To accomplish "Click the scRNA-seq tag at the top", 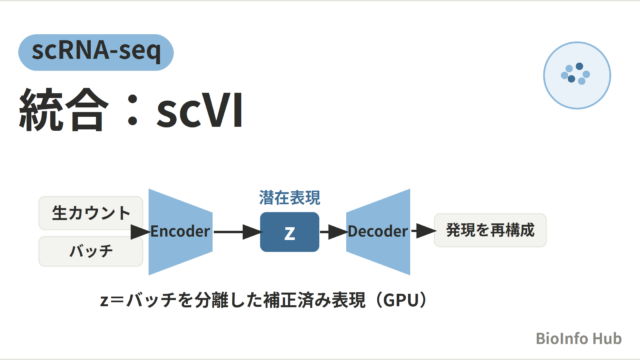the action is coord(96,52).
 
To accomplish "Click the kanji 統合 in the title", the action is coord(64,110).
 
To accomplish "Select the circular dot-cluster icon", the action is coord(577,75).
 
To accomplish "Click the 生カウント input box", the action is coord(91,213).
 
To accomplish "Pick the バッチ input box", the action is coord(91,251).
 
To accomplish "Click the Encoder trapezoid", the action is coord(180,231).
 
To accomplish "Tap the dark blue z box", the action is coord(289,232).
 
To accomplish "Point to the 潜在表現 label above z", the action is coord(289,198).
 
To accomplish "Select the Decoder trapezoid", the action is coord(378,231).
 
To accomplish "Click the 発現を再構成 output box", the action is coord(490,230).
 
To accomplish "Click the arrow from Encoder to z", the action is coord(237,232).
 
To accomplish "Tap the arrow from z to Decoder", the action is coord(333,232).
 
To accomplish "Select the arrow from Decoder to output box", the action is coord(423,231).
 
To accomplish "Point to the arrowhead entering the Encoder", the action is coord(140,232).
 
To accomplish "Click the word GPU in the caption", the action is coord(402,300).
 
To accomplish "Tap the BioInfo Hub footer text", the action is coord(578,338).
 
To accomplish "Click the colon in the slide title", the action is coord(132,110).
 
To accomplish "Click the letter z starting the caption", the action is coord(104,301).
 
